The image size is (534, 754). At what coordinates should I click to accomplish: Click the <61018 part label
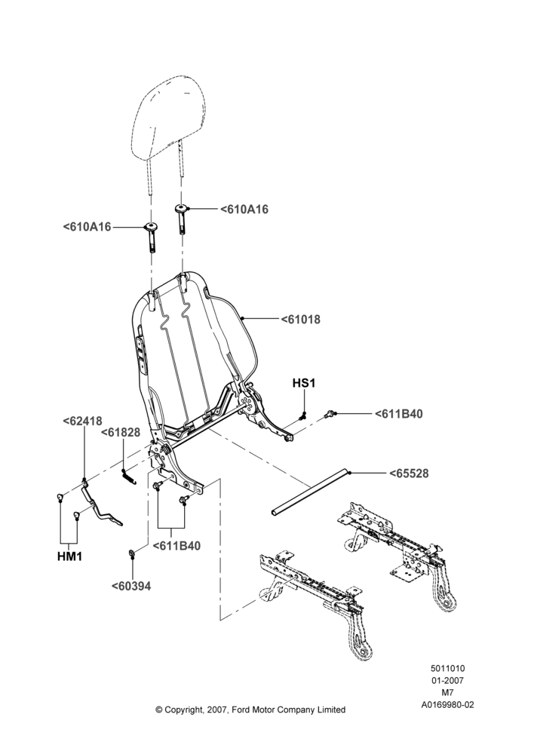tap(301, 319)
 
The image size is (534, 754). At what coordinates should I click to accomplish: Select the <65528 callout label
tap(409, 474)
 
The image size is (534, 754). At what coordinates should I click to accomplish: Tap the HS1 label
tap(304, 383)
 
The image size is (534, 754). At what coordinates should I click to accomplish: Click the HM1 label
tap(69, 556)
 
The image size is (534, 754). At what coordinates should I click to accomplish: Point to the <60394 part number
tap(131, 586)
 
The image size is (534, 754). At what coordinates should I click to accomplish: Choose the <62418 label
tap(83, 421)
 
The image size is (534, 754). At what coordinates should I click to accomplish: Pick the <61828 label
tap(121, 433)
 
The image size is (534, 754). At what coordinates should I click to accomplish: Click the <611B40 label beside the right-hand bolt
tap(399, 414)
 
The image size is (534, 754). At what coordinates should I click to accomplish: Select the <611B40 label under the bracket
tap(176, 546)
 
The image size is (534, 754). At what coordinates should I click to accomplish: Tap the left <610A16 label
tap(87, 226)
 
